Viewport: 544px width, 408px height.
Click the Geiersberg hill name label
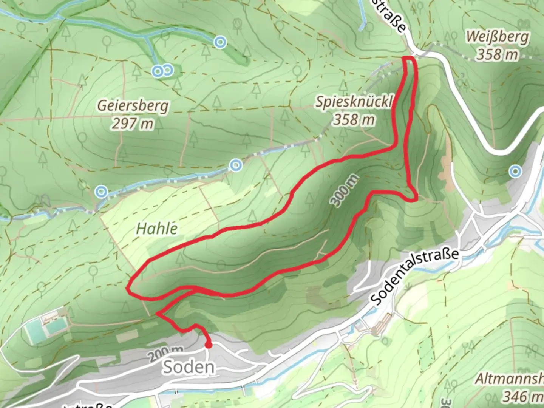click(133, 105)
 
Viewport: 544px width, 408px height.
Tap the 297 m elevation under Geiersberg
click(133, 123)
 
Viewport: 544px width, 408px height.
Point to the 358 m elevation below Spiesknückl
click(354, 120)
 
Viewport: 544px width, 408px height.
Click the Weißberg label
click(497, 37)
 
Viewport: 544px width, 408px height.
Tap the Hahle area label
click(156, 228)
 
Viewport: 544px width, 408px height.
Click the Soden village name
click(189, 367)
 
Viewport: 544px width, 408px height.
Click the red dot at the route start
click(208, 345)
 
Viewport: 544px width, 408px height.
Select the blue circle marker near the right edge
click(515, 172)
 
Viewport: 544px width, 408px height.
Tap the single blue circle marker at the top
click(220, 42)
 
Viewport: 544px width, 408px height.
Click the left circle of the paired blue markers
click(158, 71)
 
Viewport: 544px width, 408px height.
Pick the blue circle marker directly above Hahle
click(236, 165)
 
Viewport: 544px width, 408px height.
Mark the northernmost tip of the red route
click(410, 57)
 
